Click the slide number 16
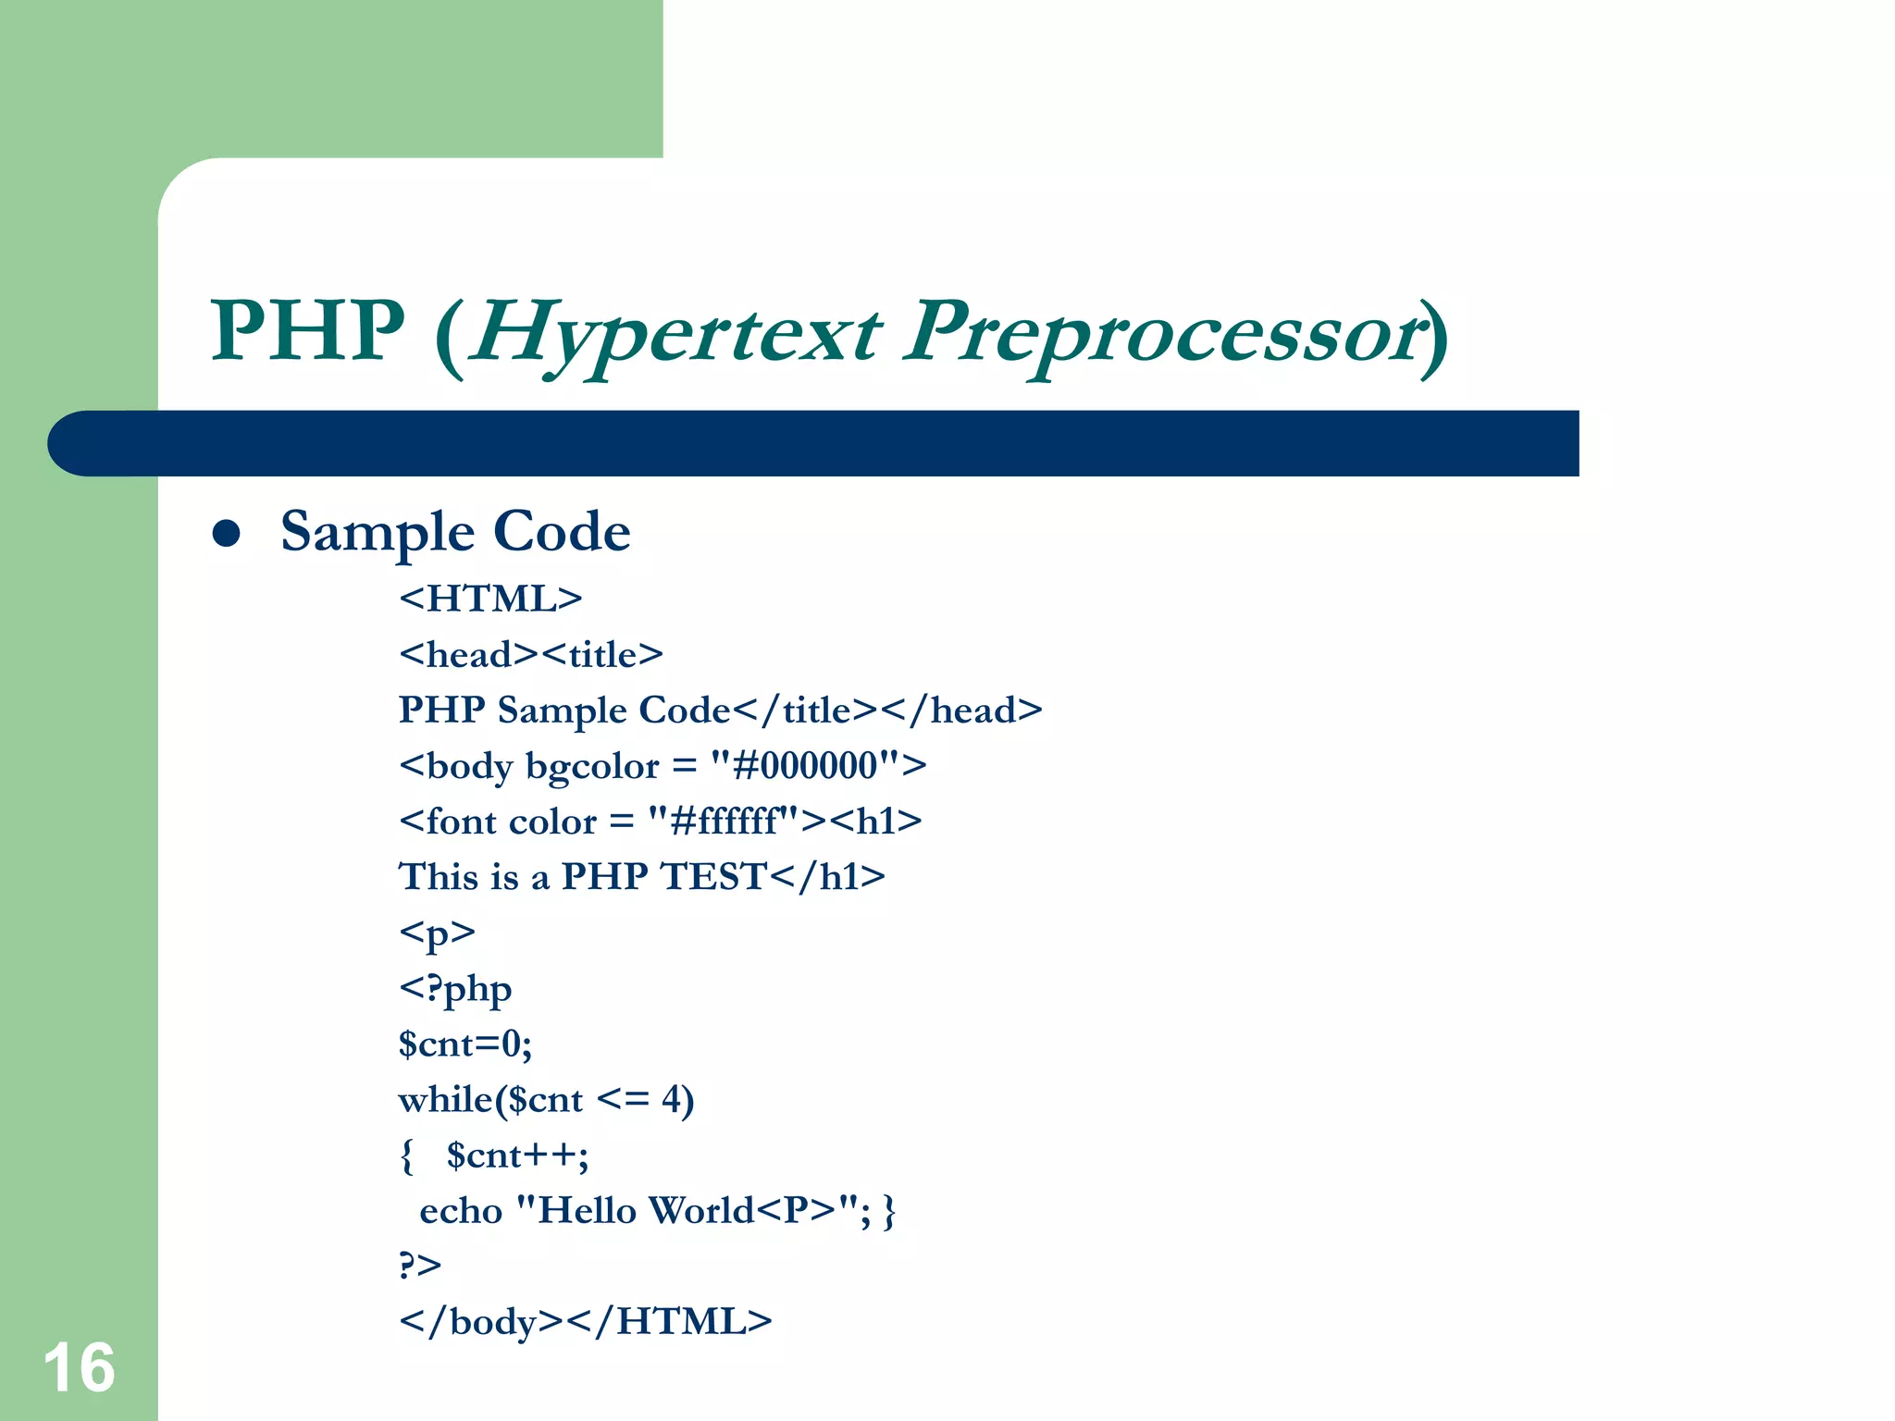pyautogui.click(x=79, y=1367)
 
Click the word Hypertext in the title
pyautogui.click(x=675, y=333)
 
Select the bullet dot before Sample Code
pyautogui.click(x=226, y=533)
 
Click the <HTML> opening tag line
pyautogui.click(x=490, y=599)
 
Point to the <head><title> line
pyautogui.click(x=531, y=655)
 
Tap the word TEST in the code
pyautogui.click(x=713, y=876)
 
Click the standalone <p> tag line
pyautogui.click(x=437, y=932)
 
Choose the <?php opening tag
pyautogui.click(x=455, y=989)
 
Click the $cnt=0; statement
pyautogui.click(x=465, y=1044)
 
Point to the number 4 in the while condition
pyautogui.click(x=673, y=1099)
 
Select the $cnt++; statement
pyautogui.click(x=517, y=1155)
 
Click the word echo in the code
pyautogui.click(x=461, y=1211)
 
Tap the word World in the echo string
pyautogui.click(x=701, y=1211)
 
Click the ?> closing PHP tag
pyautogui.click(x=420, y=1265)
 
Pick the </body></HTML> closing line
pyautogui.click(x=585, y=1321)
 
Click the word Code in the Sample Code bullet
pyautogui.click(x=562, y=532)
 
